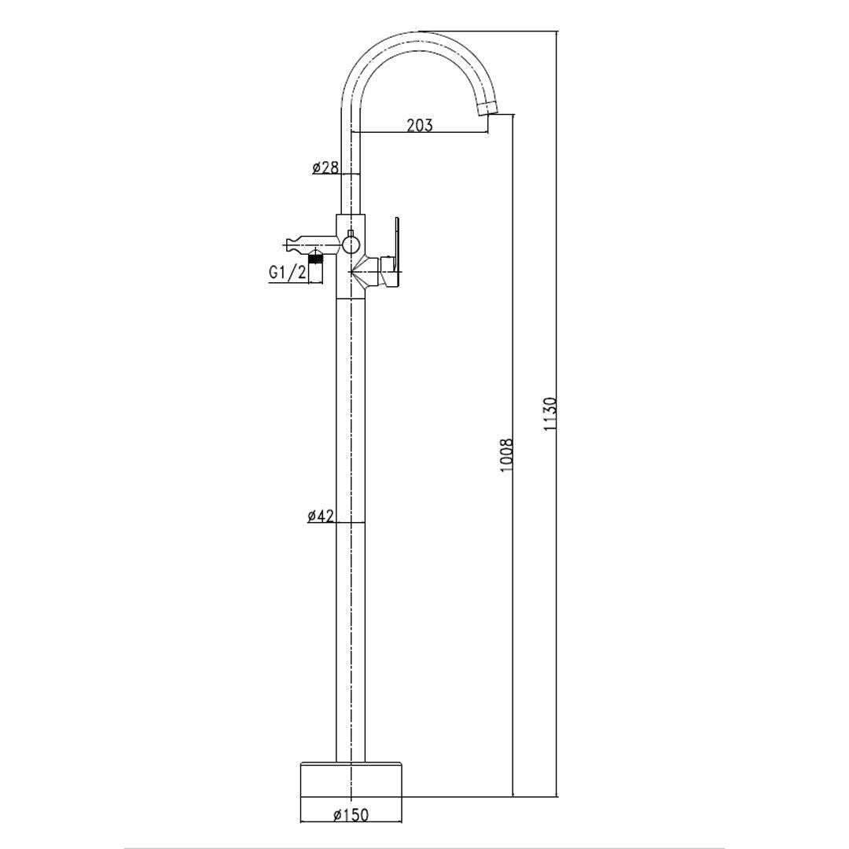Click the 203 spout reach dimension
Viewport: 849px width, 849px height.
coord(420,125)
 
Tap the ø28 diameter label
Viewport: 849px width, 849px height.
coord(325,167)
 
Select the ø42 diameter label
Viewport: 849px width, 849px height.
coord(321,516)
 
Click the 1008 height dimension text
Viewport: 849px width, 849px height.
coord(505,455)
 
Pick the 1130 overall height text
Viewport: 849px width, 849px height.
coord(550,414)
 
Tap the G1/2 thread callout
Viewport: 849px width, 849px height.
coord(288,272)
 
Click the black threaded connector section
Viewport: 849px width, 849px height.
coord(316,258)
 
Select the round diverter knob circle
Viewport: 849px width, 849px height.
coord(350,245)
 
